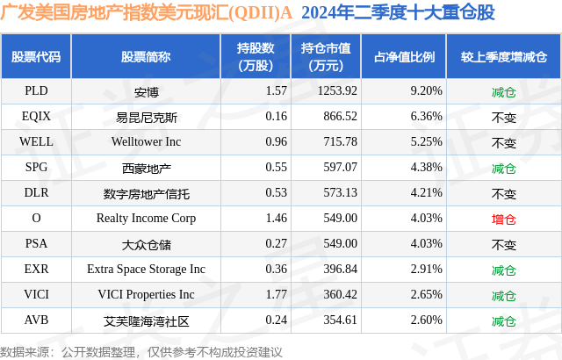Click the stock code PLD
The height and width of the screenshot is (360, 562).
pyautogui.click(x=36, y=90)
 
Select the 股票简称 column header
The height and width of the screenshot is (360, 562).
pyautogui.click(x=147, y=57)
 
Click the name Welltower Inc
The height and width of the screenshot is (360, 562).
pyautogui.click(x=147, y=141)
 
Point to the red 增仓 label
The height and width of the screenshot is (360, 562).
pyautogui.click(x=503, y=218)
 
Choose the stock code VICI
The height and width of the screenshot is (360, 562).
pyautogui.click(x=36, y=294)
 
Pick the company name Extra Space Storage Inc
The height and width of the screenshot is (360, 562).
pyautogui.click(x=147, y=269)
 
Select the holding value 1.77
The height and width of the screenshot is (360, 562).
pyautogui.click(x=251, y=294)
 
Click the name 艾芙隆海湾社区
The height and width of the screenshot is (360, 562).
pyautogui.click(x=147, y=320)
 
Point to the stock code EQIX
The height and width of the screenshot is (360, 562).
pyautogui.click(x=36, y=116)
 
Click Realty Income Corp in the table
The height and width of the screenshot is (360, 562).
pyautogui.click(x=147, y=218)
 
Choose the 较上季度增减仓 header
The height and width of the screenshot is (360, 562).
pyautogui.click(x=503, y=57)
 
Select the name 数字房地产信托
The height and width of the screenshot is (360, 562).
pyautogui.click(x=147, y=192)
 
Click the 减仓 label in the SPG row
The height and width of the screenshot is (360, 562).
pyautogui.click(x=503, y=167)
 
